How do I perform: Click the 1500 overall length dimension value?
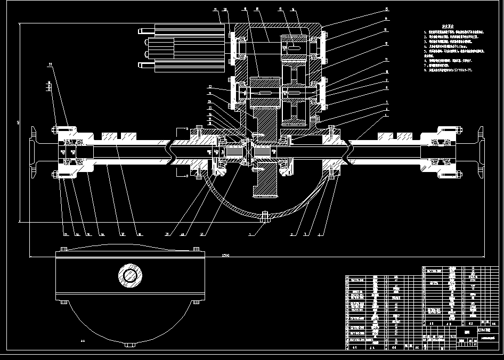point(225,256)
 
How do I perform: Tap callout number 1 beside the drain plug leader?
point(250,233)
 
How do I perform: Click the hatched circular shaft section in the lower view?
point(130,275)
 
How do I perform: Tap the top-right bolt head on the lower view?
point(196,249)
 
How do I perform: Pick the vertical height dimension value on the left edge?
point(18,122)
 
